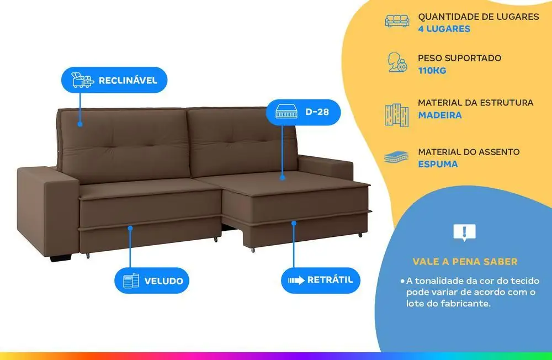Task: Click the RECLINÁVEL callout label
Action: click(x=114, y=80)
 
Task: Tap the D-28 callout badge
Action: click(x=303, y=112)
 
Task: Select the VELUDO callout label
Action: click(x=152, y=280)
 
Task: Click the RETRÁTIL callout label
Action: click(x=321, y=280)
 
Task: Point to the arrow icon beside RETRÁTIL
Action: click(x=296, y=280)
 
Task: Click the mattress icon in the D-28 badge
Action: click(x=286, y=112)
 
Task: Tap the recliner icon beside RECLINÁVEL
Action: click(x=82, y=80)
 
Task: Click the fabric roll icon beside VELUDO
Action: click(x=131, y=280)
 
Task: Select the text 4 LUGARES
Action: click(x=444, y=29)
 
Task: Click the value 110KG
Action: click(x=432, y=71)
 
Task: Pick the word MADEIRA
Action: click(x=440, y=115)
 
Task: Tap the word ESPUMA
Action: click(x=438, y=164)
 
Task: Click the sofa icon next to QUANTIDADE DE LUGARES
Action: click(x=397, y=21)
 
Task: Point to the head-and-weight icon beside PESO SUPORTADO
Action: click(x=397, y=62)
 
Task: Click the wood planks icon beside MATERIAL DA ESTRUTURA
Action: click(x=397, y=115)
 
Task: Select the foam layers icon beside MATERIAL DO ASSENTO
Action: click(x=396, y=157)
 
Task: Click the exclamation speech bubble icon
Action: click(x=464, y=232)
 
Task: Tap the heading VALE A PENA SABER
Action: click(x=465, y=262)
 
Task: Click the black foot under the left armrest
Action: click(x=61, y=258)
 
